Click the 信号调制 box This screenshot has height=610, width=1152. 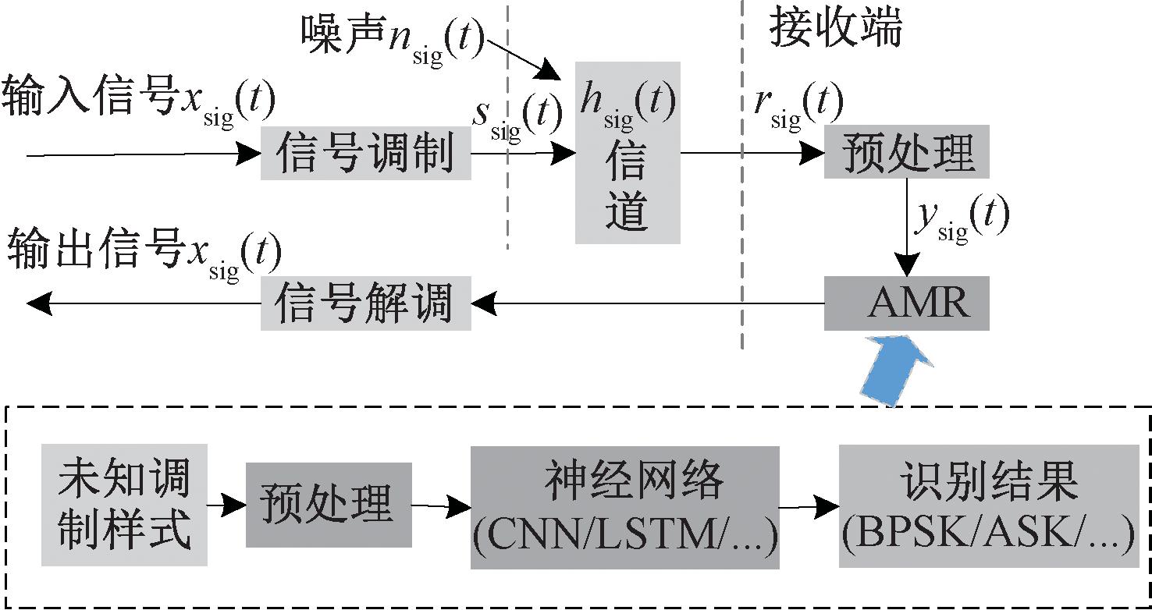(365, 153)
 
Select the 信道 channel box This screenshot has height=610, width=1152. (628, 153)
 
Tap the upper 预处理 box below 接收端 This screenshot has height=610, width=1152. (907, 151)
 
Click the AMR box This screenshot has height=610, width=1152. (907, 303)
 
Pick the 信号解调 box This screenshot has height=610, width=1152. (365, 303)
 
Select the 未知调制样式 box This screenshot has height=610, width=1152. (124, 505)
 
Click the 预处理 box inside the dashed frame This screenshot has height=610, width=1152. (329, 505)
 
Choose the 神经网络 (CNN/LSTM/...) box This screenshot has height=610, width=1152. (625, 508)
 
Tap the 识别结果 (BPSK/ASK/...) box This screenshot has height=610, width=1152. (989, 506)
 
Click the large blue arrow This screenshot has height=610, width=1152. (896, 370)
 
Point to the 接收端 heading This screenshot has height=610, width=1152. (836, 27)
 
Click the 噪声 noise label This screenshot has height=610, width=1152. (343, 34)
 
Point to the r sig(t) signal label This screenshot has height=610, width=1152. (798, 105)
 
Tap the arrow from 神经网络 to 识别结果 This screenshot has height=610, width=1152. (809, 507)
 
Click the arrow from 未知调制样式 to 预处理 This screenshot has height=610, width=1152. (226, 505)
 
